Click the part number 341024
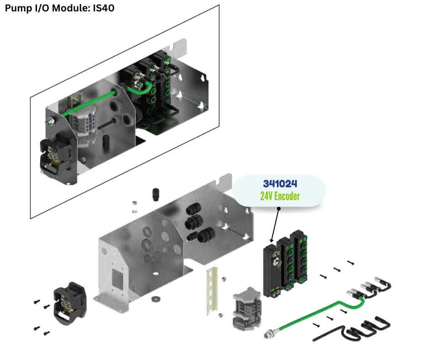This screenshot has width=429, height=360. click(280, 184)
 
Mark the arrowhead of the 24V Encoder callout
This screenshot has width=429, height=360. click(272, 241)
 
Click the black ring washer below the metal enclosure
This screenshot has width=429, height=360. click(155, 299)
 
